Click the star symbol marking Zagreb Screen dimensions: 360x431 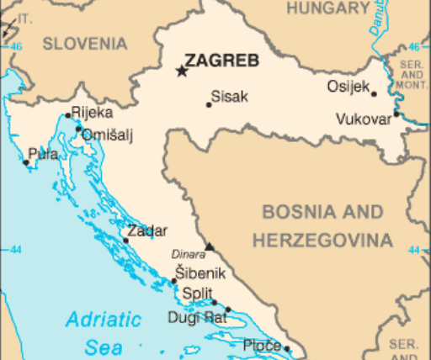coord(181,71)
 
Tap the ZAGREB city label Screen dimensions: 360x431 coord(222,61)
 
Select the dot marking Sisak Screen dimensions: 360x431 coord(209,104)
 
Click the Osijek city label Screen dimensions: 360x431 coord(347,87)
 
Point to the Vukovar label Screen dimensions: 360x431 coord(364,119)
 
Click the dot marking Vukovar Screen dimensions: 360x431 coord(396,113)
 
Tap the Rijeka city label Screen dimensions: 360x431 coord(92,112)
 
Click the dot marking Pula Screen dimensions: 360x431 coord(25,163)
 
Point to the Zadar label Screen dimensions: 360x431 coord(147,231)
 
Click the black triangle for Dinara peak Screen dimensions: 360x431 coord(210,247)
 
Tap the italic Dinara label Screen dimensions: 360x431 coord(188,252)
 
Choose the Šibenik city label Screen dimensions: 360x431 coord(200,273)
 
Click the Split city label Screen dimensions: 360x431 coord(198,294)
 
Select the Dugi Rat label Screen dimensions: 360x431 coord(197,317)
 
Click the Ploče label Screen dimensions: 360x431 coord(262,345)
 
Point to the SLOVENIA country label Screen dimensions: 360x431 coord(86,44)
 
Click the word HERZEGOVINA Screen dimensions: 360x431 coord(323,241)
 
